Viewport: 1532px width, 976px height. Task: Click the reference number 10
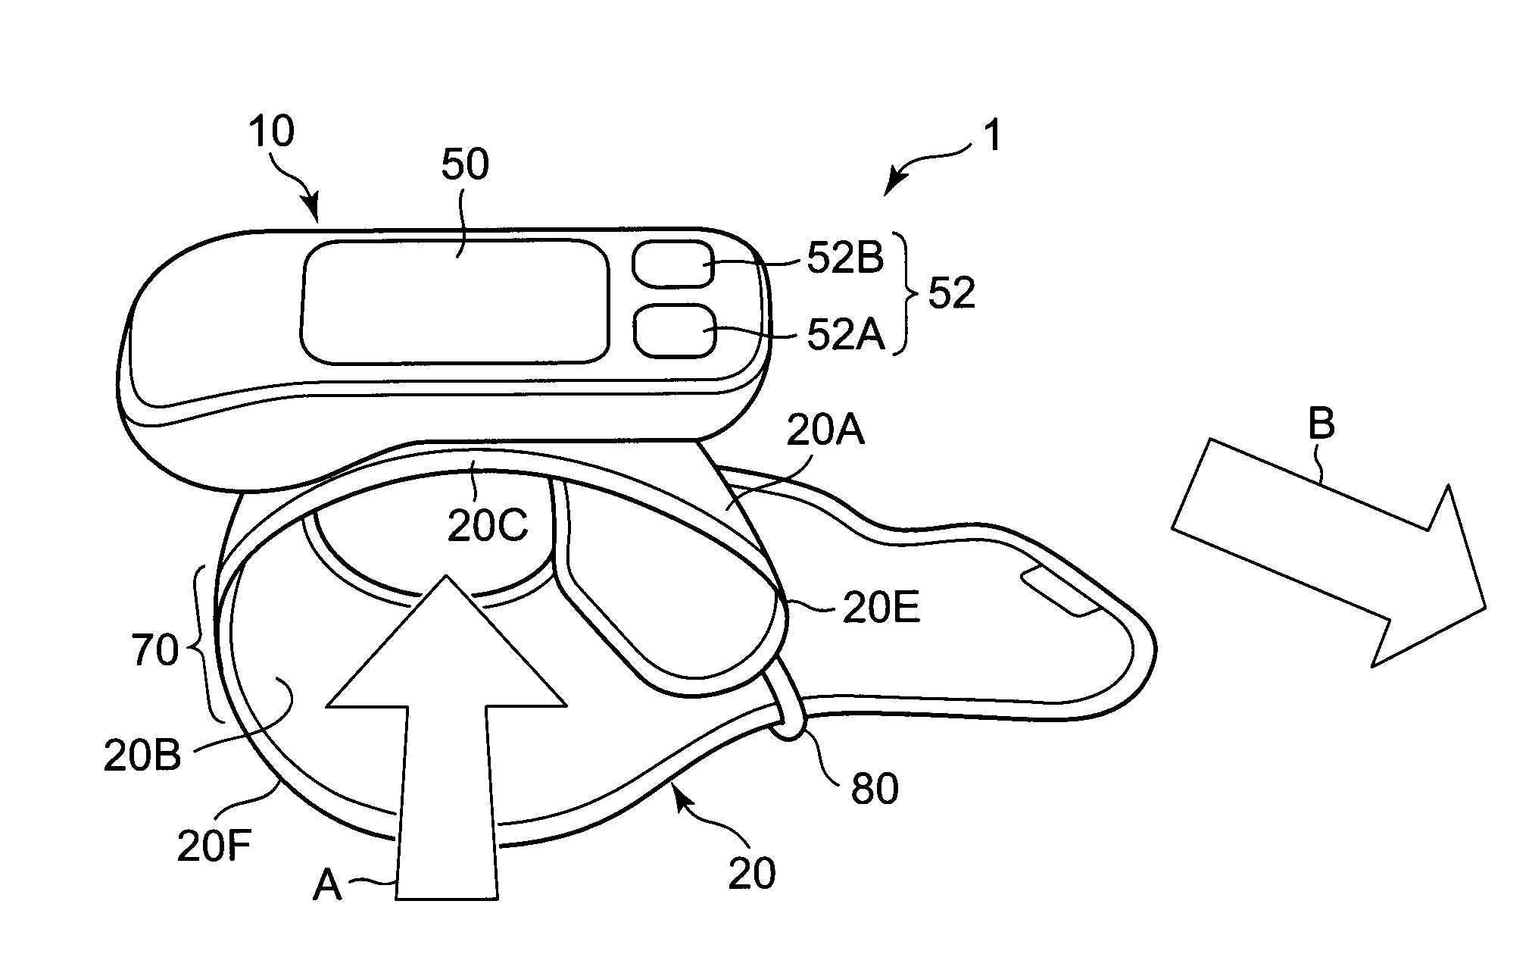click(271, 133)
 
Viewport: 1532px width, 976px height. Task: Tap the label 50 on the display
click(465, 164)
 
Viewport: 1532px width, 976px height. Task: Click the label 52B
click(845, 260)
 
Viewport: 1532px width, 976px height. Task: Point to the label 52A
click(845, 334)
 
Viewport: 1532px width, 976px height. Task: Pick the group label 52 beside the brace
click(951, 293)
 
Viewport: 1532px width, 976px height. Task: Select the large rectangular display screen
click(455, 301)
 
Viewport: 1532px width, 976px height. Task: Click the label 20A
click(825, 433)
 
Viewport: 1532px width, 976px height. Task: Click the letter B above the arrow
click(1321, 425)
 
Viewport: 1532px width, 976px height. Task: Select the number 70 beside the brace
click(155, 649)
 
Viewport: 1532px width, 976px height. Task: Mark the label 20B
click(142, 755)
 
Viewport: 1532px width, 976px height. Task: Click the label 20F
click(215, 846)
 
